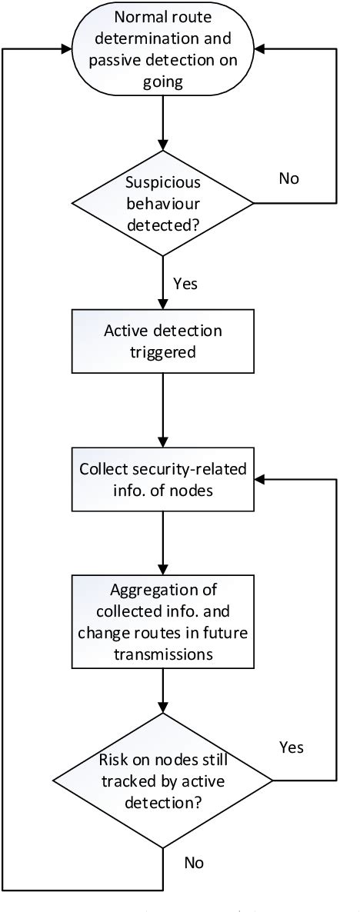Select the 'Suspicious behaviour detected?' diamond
(x=162, y=204)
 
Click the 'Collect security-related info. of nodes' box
(x=162, y=478)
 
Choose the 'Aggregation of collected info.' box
(x=162, y=624)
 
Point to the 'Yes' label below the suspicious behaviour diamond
(x=185, y=284)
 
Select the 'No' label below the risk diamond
(x=194, y=863)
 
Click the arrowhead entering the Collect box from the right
(x=260, y=478)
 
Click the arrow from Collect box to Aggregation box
(x=162, y=543)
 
